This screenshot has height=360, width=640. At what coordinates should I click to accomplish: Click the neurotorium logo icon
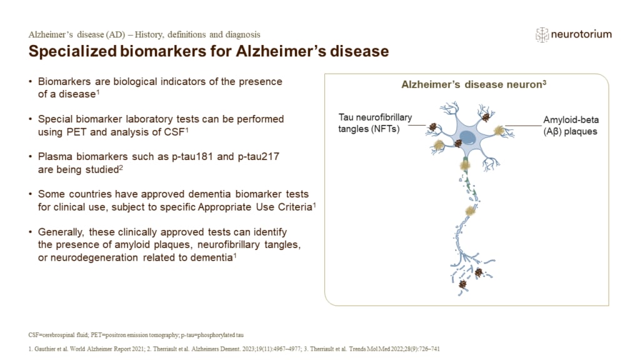pos(542,34)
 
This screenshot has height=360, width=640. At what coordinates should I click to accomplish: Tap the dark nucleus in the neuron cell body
pos(467,137)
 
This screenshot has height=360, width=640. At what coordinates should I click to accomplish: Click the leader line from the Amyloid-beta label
pos(523,127)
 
